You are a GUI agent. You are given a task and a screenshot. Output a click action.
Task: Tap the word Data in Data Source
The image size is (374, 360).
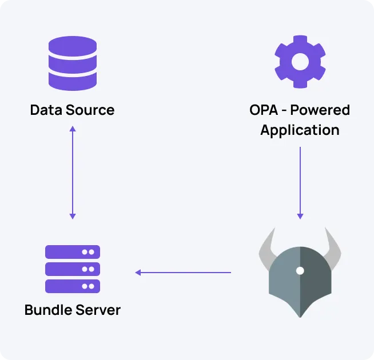[47, 110]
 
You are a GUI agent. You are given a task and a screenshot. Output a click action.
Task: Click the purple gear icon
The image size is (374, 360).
[300, 63]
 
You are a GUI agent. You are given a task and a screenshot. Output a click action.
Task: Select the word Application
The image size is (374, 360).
[300, 130]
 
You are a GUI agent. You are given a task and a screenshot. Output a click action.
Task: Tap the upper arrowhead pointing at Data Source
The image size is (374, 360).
[72, 129]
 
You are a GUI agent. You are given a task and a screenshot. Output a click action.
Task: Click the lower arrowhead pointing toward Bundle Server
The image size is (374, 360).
[72, 215]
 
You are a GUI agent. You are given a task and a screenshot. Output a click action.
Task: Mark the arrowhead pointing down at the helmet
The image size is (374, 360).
[300, 215]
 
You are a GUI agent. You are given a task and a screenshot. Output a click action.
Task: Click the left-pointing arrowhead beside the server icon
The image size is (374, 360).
[138, 273]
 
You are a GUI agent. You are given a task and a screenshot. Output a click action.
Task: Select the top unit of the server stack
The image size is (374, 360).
[73, 251]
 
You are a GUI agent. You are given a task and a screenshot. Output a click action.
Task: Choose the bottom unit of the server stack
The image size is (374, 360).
[73, 286]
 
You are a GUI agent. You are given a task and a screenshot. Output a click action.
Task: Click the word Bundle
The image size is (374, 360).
[48, 310]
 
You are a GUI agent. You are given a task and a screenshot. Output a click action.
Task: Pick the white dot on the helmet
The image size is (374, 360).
[300, 270]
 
